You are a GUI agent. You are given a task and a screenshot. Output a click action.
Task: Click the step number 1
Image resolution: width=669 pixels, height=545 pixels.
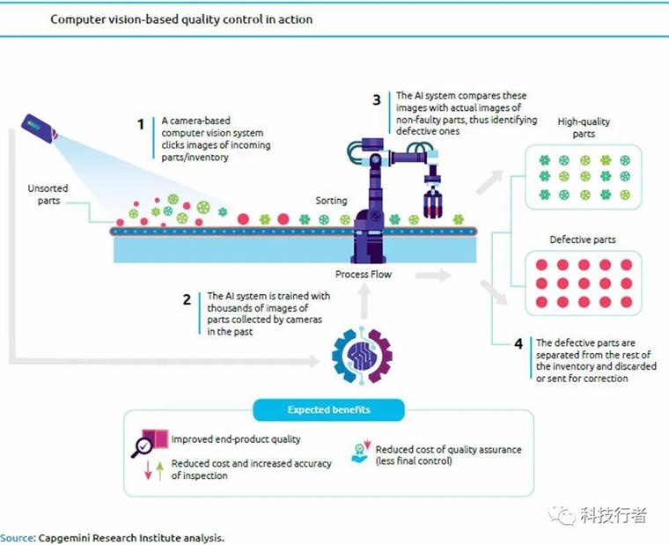(140, 125)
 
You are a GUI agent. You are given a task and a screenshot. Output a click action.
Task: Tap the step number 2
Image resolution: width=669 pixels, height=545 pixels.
(187, 299)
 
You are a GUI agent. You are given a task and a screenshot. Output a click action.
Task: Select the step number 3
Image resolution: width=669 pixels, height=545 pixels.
(377, 100)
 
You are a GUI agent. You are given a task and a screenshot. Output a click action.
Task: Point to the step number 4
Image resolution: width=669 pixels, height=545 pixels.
(518, 344)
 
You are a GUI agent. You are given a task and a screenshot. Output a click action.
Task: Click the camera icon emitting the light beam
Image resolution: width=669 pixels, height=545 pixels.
(40, 129)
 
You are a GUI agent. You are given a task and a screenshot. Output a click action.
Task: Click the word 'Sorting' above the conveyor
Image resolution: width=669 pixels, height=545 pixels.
(332, 201)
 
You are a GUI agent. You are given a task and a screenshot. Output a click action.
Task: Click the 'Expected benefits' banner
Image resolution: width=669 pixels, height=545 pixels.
(328, 410)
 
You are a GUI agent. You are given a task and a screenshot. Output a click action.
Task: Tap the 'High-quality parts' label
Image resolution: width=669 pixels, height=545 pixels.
(584, 128)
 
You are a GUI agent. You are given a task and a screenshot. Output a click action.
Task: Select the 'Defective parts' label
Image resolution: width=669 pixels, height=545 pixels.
(582, 239)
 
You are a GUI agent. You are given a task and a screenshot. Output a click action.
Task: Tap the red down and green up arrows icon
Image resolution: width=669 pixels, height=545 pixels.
(153, 470)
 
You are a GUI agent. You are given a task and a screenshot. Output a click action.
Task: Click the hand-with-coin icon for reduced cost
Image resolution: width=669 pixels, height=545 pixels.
(358, 451)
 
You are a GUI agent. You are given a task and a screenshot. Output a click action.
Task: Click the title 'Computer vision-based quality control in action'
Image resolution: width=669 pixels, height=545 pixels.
(180, 18)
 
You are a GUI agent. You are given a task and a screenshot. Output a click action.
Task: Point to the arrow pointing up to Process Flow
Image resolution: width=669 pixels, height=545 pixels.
(361, 305)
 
